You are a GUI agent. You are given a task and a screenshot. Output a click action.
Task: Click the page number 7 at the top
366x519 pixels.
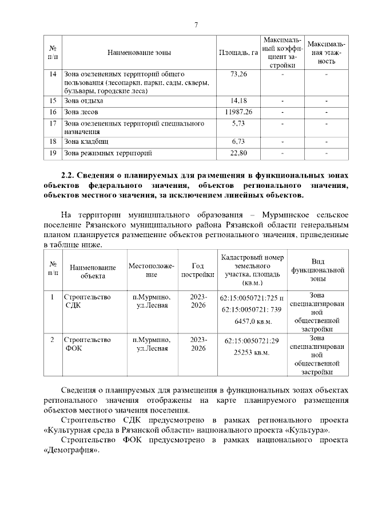196,25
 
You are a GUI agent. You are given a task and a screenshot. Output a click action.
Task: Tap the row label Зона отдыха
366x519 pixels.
84,100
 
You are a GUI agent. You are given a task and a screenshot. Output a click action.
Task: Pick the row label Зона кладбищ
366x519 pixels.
86,141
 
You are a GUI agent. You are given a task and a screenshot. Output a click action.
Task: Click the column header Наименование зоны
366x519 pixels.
139,53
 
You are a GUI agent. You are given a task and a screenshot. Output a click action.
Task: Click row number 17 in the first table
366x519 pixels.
53,123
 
